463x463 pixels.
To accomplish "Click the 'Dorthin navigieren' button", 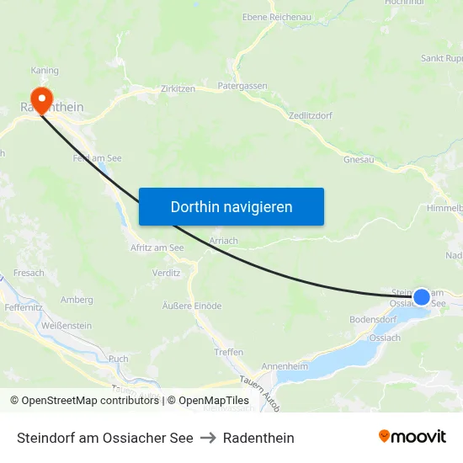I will click(231, 206).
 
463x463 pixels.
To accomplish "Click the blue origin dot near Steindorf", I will click(422, 296).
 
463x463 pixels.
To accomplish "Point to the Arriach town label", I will click(223, 241).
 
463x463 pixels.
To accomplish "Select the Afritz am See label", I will click(157, 247).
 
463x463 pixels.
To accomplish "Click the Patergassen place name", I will click(242, 86).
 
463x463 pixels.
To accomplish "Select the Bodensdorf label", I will click(373, 320).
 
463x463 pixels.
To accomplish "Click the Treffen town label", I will click(229, 352).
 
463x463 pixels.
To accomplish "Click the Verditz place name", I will click(166, 273).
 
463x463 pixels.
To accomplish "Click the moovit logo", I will click(412, 437).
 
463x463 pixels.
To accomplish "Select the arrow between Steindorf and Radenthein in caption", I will click(208, 438).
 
